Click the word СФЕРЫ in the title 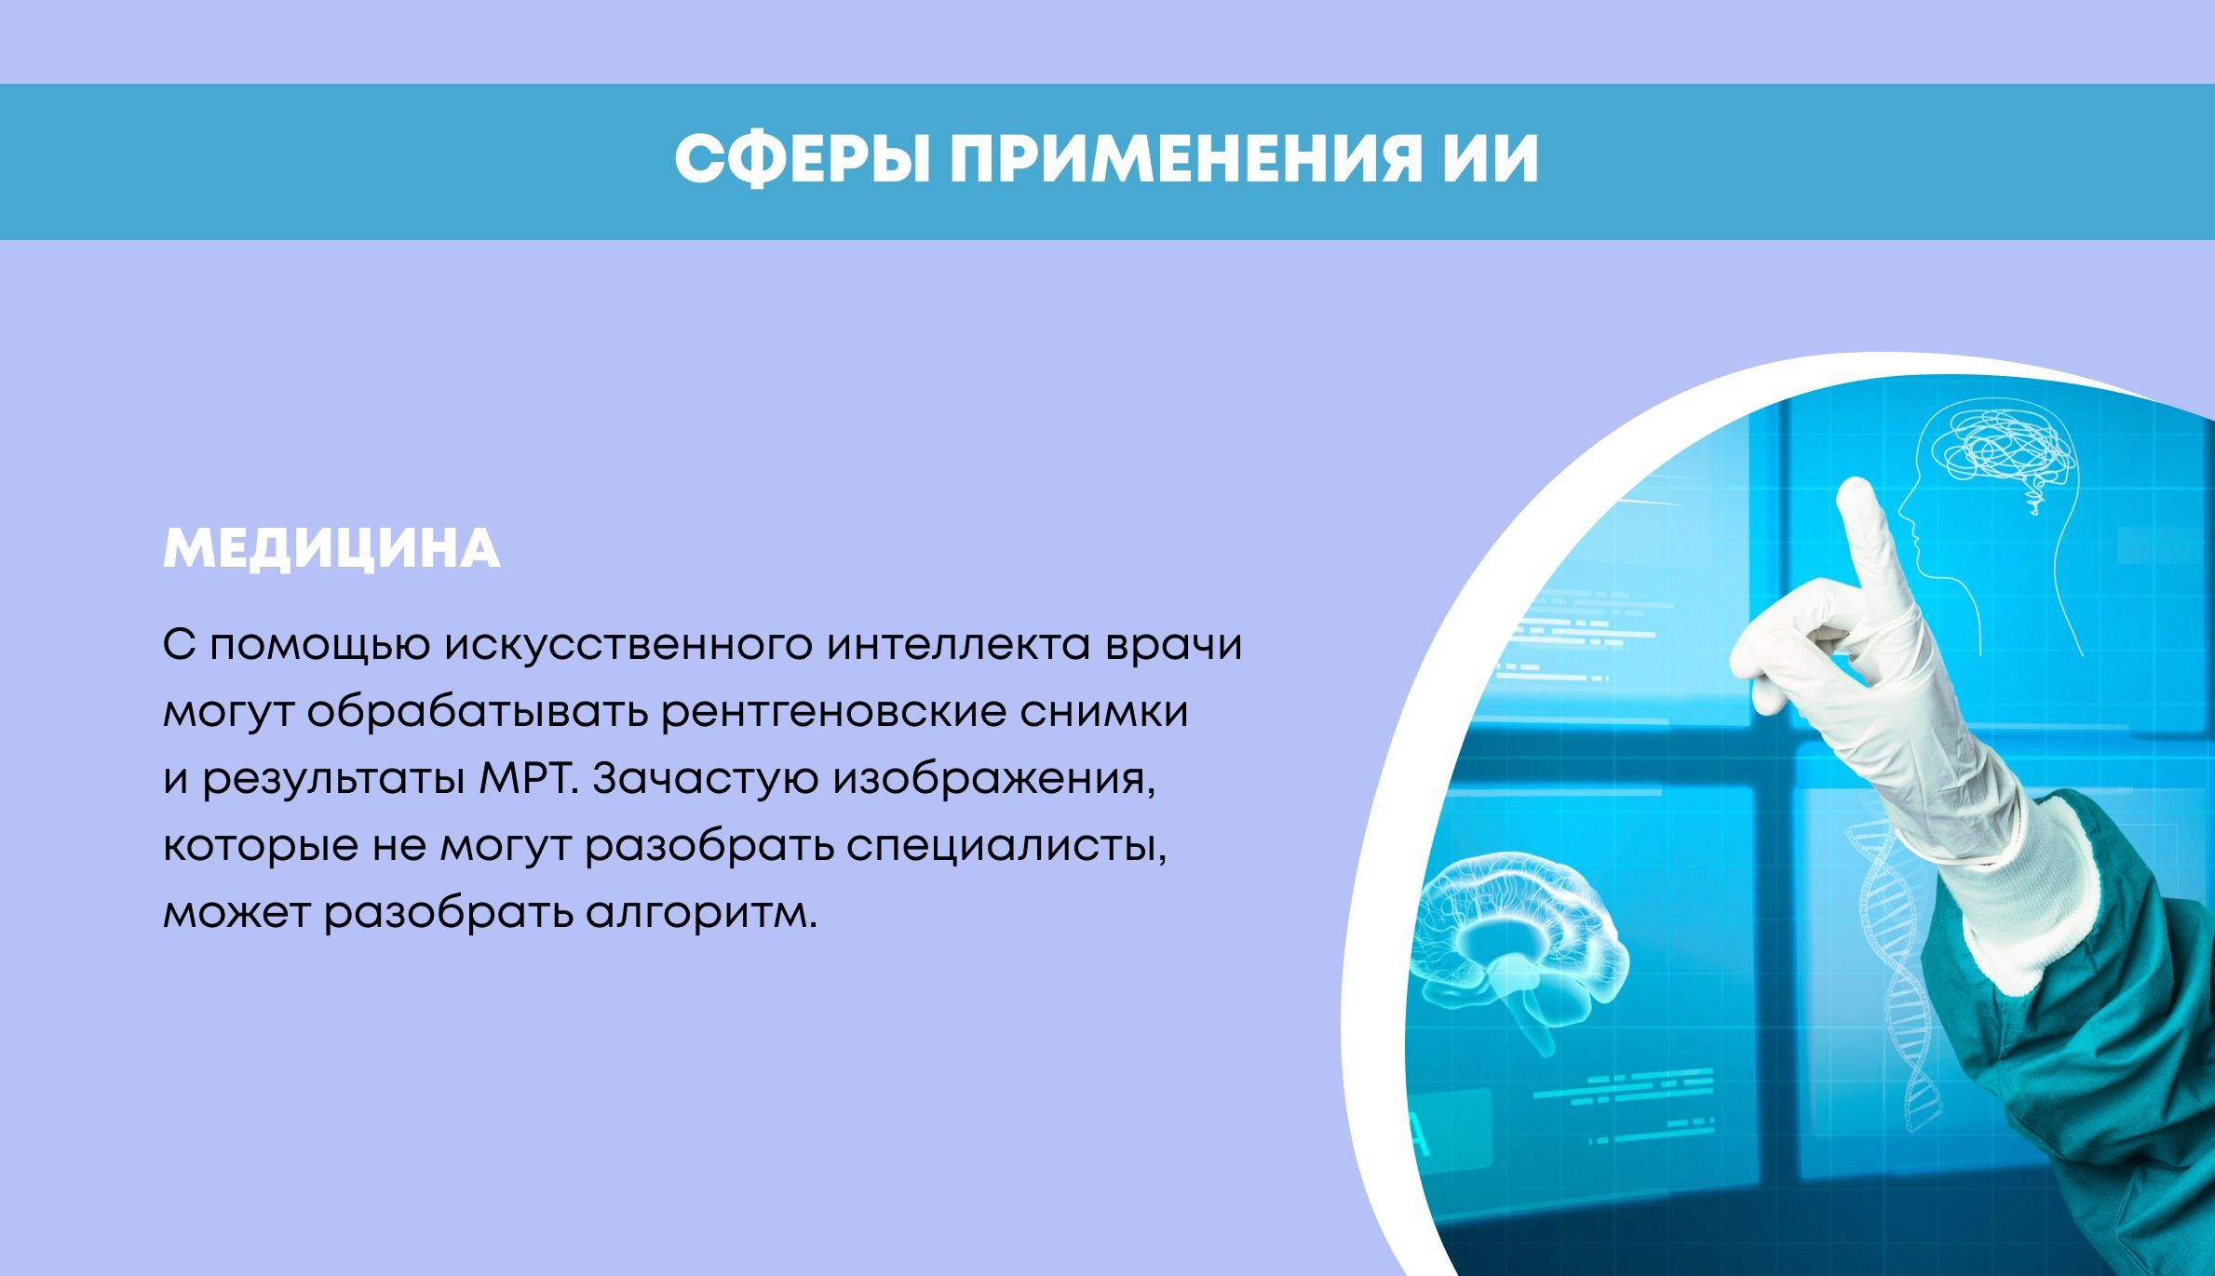(802, 160)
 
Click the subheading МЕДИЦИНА (331, 550)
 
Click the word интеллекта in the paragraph (958, 645)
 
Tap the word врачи (1173, 646)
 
